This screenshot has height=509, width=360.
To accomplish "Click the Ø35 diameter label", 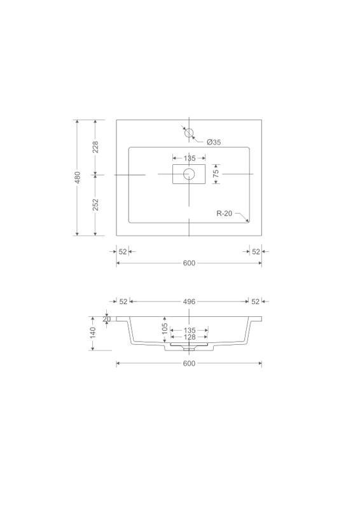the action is coord(214,142).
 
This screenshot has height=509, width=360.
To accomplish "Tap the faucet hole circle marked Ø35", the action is coord(189,132).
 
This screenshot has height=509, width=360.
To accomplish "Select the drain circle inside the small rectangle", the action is coord(189,174).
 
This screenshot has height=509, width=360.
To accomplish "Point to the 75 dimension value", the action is coord(216,174).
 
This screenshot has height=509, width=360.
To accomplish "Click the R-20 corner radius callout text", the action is coord(225,213).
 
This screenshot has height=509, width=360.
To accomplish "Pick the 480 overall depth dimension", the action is coord(78,178).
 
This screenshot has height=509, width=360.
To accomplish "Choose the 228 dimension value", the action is coord(95,147).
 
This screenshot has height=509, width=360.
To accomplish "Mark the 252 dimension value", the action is coord(95,204).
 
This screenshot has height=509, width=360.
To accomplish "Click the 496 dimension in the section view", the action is coord(189,302).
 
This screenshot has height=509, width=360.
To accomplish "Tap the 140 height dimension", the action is coord(93,333).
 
